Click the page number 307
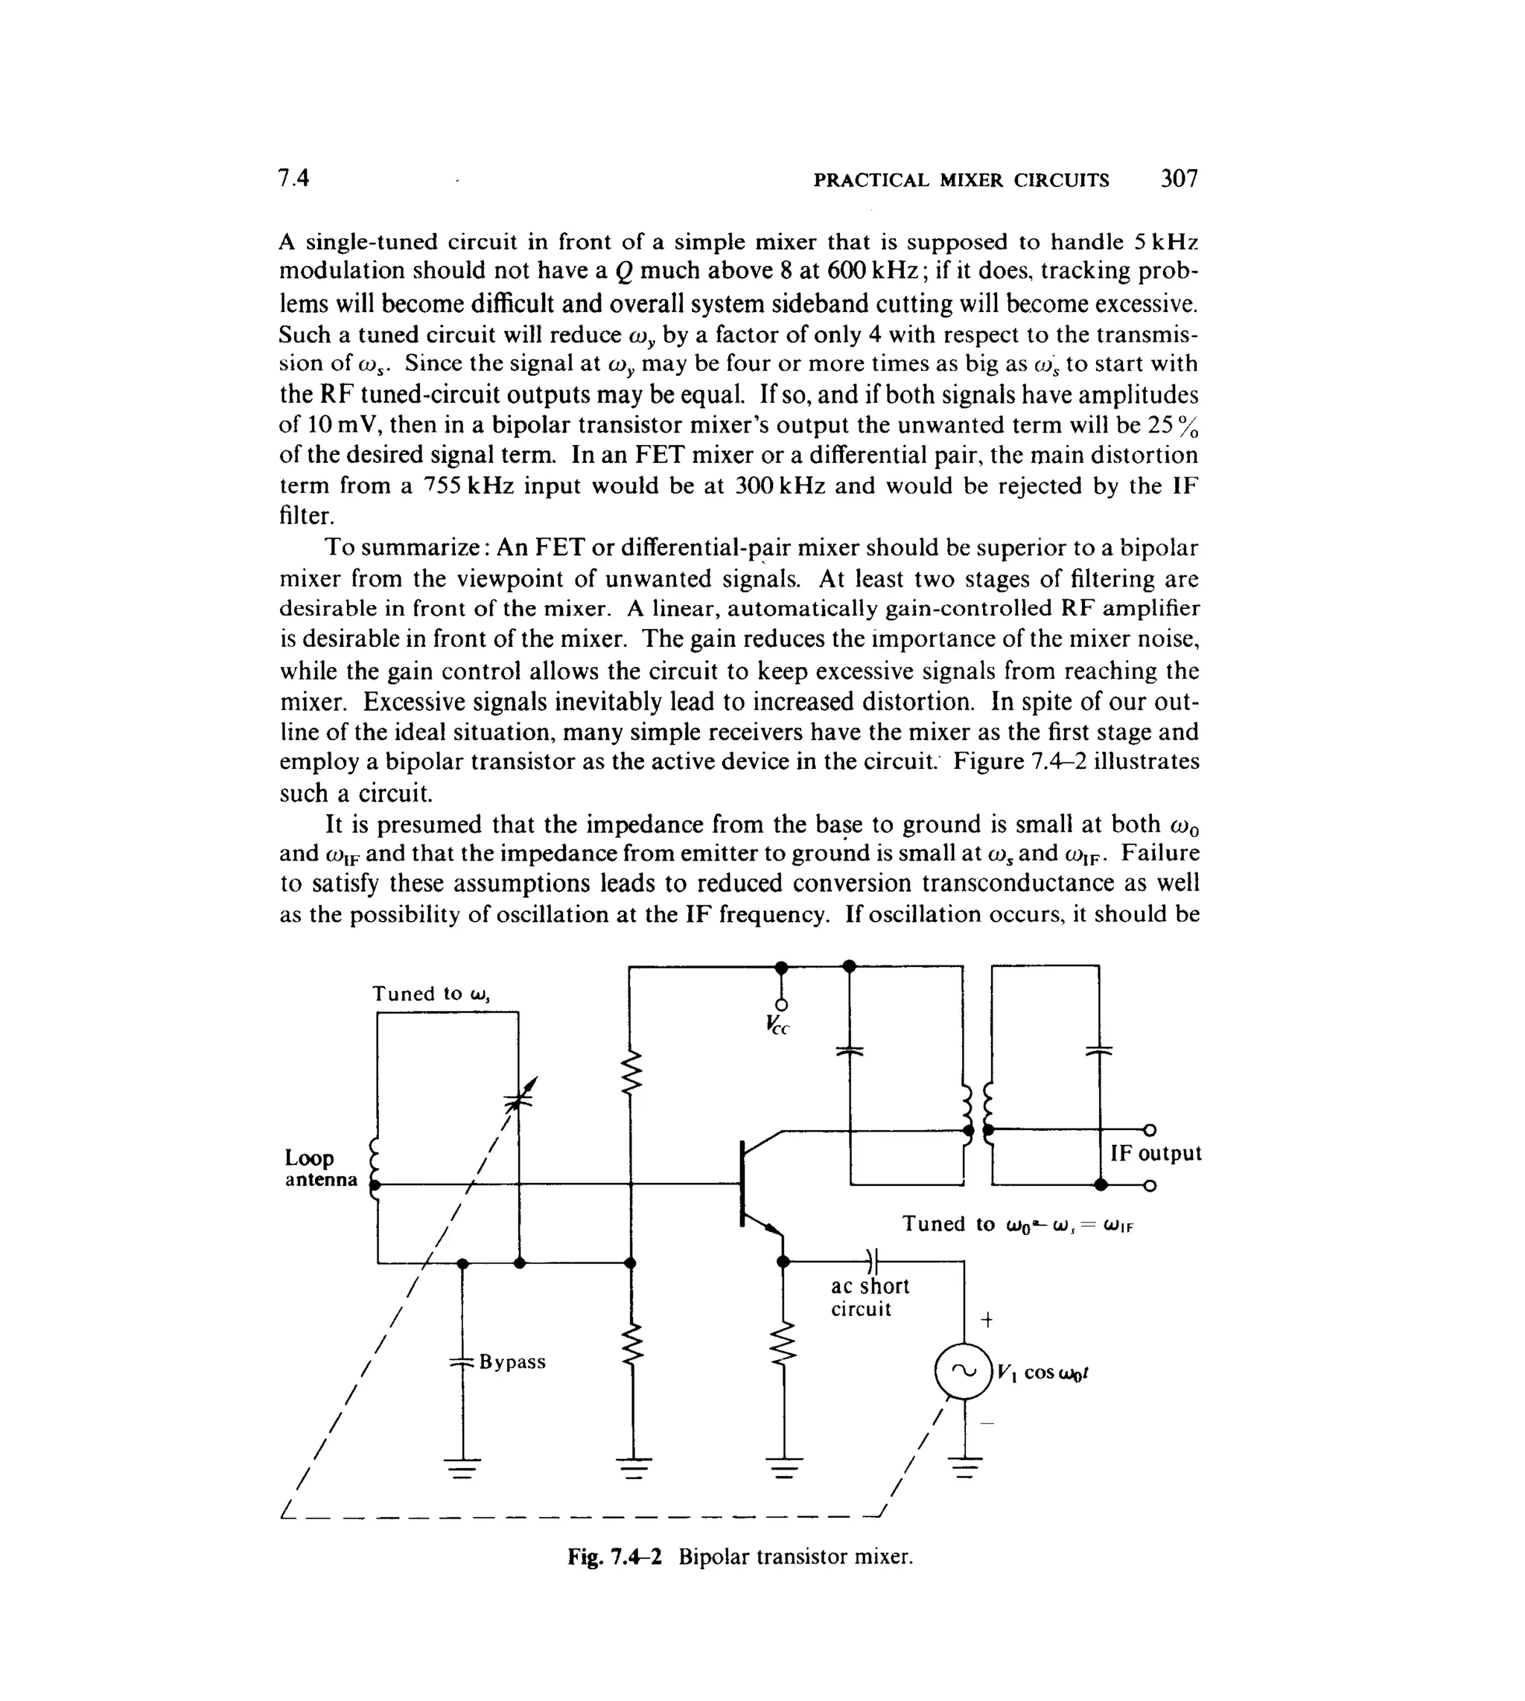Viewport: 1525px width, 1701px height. click(1179, 179)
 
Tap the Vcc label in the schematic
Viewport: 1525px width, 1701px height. click(777, 1024)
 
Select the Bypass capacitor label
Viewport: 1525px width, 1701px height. click(512, 1362)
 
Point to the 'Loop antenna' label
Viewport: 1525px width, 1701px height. click(321, 1168)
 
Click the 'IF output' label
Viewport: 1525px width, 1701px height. click(1156, 1153)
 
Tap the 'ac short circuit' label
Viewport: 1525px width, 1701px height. click(869, 1298)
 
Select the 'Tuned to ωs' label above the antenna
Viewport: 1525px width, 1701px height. click(430, 994)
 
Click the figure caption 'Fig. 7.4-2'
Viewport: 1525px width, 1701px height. click(614, 1556)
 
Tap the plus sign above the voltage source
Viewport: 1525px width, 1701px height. click(987, 1320)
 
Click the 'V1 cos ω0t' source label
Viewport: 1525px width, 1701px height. click(1042, 1373)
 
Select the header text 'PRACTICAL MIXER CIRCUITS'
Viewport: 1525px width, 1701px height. click(961, 180)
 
